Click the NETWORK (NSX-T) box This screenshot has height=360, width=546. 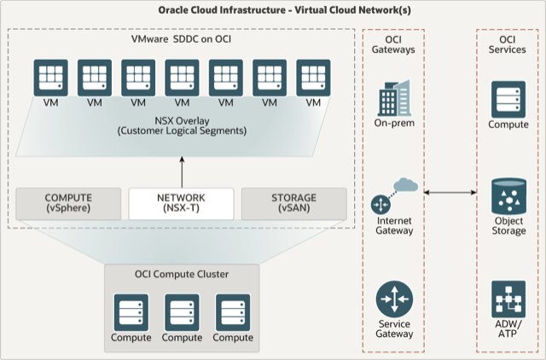(x=181, y=203)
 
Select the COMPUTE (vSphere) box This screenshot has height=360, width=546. (x=67, y=203)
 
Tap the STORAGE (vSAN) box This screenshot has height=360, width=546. (x=294, y=203)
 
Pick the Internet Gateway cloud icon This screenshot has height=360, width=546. (x=394, y=196)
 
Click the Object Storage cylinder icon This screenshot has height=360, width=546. (x=508, y=196)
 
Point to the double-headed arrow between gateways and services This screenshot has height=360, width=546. (x=450, y=195)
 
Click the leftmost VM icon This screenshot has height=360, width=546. (x=50, y=78)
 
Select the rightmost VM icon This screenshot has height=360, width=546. (x=313, y=78)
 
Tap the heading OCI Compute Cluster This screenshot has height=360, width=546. (x=181, y=274)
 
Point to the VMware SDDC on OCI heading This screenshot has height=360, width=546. (x=181, y=41)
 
